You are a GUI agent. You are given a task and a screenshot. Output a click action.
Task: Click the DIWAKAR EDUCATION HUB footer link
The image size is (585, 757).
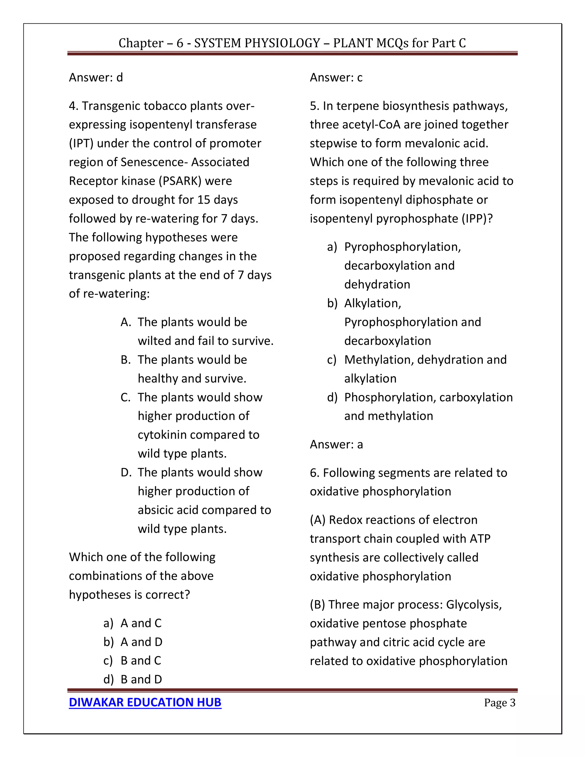point(145,702)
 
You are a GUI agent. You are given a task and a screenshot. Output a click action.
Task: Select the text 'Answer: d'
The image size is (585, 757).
point(96,77)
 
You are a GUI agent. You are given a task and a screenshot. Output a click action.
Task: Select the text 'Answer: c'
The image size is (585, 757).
point(336,77)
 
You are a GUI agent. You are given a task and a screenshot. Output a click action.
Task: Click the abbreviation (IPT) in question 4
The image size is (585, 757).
point(81,143)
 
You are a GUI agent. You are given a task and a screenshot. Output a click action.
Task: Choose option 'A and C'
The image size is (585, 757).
point(141,623)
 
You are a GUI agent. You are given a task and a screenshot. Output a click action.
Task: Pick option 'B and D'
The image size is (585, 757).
point(141,679)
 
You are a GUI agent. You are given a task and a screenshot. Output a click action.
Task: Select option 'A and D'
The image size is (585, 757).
point(141,642)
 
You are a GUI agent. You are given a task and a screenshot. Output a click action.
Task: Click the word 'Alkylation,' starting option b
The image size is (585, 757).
point(372,303)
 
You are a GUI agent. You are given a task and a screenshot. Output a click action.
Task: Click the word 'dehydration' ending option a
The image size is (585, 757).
point(377,284)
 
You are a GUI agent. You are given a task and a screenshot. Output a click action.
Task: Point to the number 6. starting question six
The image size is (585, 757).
point(315,472)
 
